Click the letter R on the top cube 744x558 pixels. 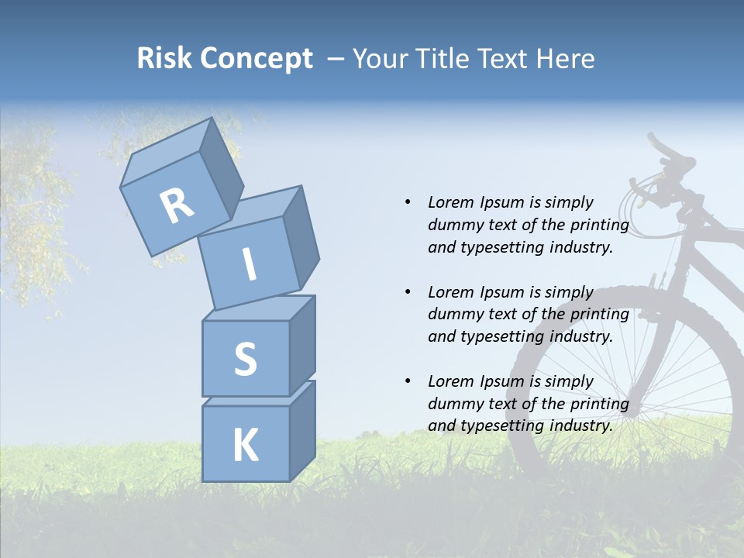click(177, 205)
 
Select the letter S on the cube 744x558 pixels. click(245, 359)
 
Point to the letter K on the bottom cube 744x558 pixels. click(245, 445)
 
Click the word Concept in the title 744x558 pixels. click(257, 59)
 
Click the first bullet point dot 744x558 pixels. click(408, 202)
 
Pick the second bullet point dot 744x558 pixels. click(408, 292)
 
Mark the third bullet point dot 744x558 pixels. click(408, 381)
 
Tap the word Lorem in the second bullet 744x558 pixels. click(451, 292)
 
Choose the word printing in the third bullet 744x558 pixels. click(598, 404)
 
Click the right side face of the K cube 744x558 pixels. click(302, 430)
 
